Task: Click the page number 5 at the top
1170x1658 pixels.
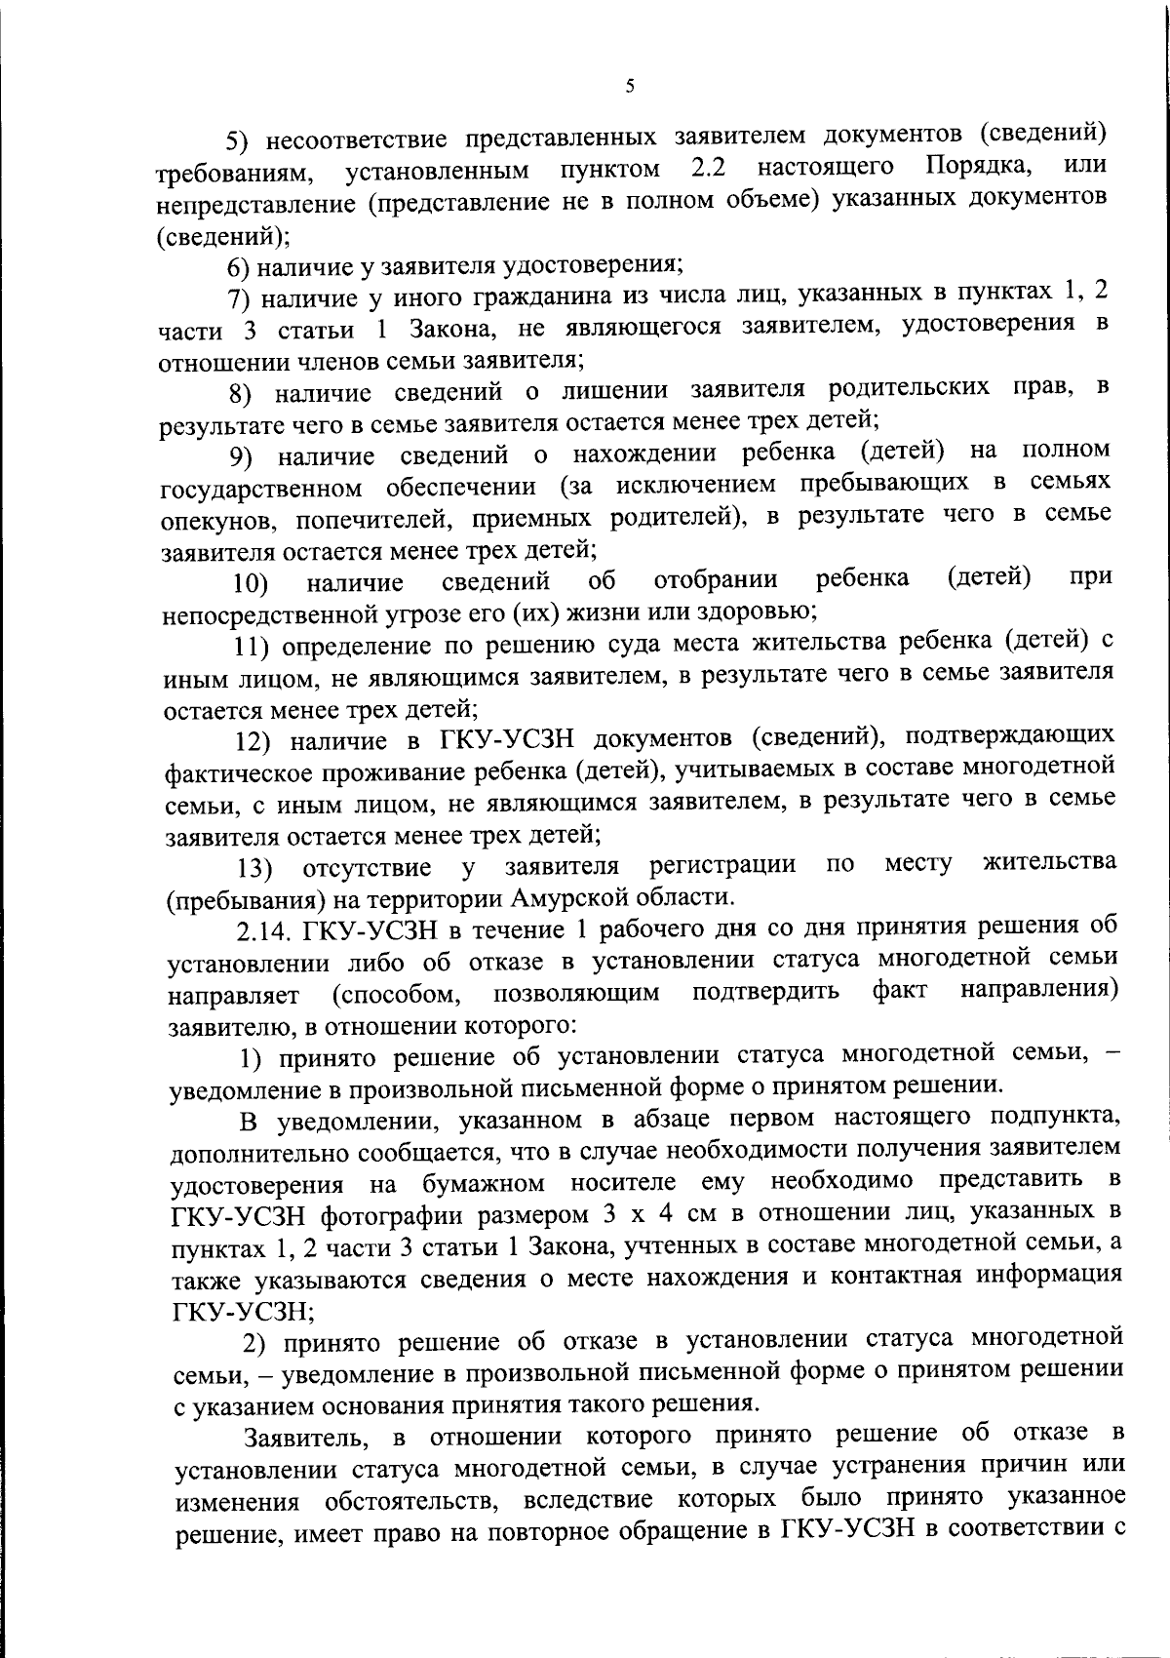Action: point(630,87)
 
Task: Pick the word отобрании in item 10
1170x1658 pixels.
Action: point(716,581)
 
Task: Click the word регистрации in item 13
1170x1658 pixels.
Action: point(722,866)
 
